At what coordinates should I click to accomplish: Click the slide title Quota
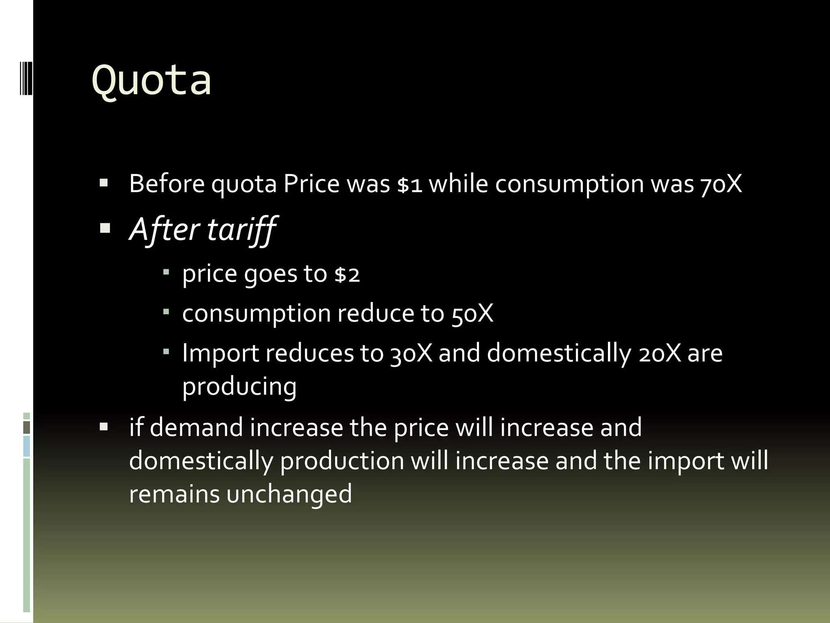(152, 80)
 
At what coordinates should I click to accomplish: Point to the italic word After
(164, 230)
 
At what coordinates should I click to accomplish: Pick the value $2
(347, 275)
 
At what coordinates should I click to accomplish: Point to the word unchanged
(289, 494)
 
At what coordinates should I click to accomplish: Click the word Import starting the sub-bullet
(220, 353)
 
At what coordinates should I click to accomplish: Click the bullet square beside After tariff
(105, 229)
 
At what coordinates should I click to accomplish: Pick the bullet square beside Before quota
(104, 183)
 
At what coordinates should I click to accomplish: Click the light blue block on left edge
(27, 446)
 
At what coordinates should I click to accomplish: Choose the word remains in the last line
(174, 494)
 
